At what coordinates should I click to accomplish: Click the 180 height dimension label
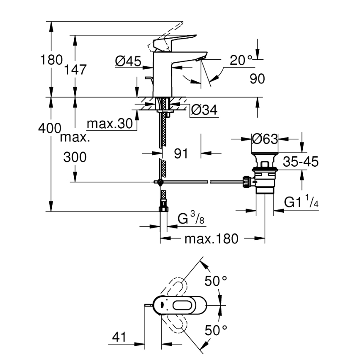[x=51, y=60]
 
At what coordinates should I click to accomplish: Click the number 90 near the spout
[x=257, y=78]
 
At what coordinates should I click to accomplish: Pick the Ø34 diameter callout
[x=204, y=110]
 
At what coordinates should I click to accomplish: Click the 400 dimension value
[x=50, y=129]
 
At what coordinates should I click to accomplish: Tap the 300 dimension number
[x=75, y=157]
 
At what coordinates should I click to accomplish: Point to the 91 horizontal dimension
[x=181, y=153]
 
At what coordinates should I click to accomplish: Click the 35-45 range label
[x=301, y=162]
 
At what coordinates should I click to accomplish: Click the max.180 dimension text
[x=212, y=239]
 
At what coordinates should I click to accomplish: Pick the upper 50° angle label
[x=216, y=282]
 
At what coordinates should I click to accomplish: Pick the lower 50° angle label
[x=216, y=330]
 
